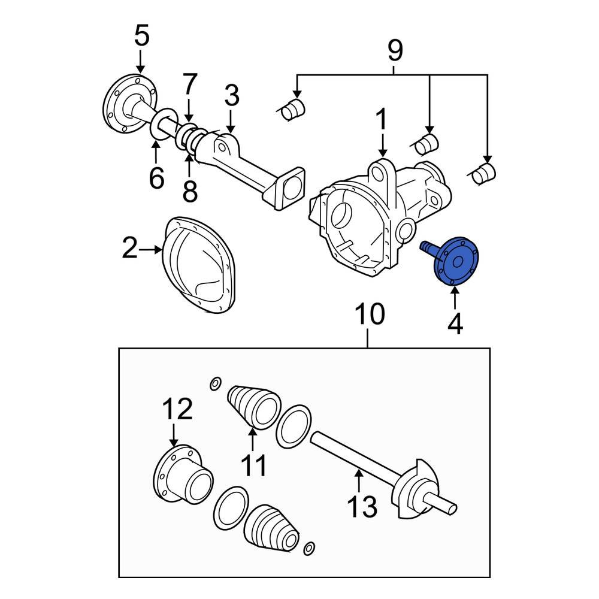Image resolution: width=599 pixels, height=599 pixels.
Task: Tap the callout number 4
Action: coord(455,324)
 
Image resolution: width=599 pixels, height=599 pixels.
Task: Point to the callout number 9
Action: coord(394,52)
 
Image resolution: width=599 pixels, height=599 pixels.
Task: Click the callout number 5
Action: coord(141,36)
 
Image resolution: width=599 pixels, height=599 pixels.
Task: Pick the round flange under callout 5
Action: coord(128,105)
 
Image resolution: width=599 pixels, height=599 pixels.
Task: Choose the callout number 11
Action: coord(252,465)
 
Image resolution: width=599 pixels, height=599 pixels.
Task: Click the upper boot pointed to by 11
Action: coord(253,407)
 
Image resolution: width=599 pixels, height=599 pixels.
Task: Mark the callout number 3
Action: coord(232,96)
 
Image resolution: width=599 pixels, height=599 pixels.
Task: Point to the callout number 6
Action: coord(156,178)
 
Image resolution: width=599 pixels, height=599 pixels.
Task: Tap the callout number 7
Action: coord(189,85)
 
